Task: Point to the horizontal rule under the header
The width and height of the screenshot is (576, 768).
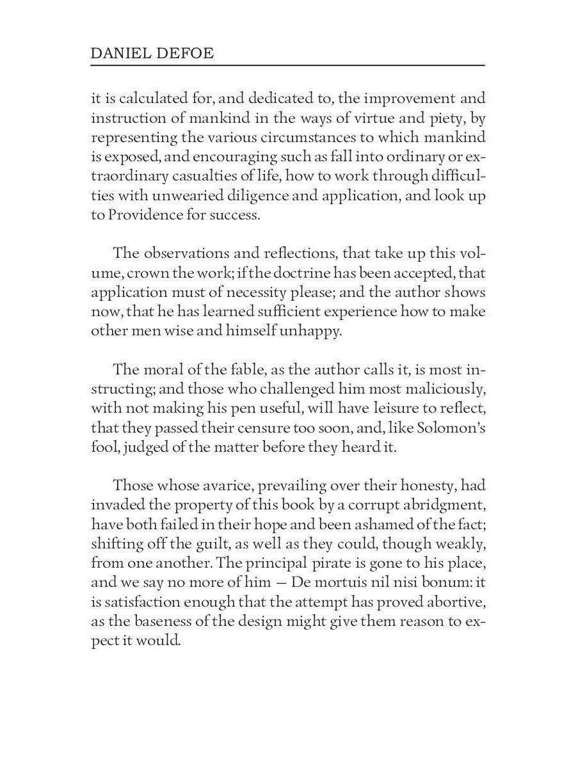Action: pyautogui.click(x=288, y=65)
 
